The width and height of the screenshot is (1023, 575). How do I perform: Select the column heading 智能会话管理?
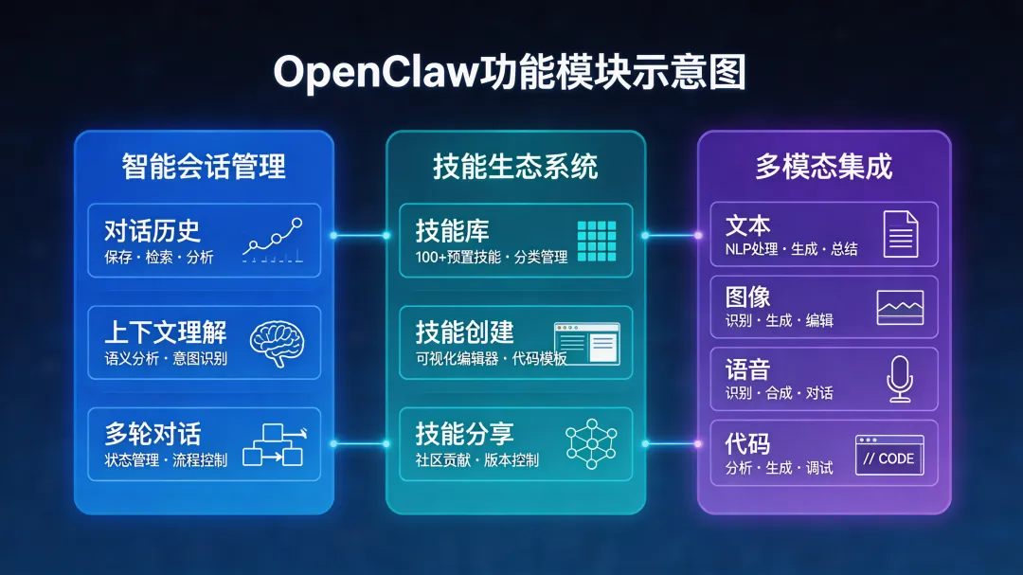coord(204,168)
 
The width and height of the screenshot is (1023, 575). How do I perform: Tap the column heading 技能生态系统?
coord(515,168)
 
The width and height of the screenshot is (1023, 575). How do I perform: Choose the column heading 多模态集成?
coord(823,168)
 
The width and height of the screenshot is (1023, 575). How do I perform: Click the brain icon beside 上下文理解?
coord(278,344)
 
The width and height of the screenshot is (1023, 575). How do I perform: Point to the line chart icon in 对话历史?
coord(273,241)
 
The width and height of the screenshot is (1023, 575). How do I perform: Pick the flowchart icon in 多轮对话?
coord(273,444)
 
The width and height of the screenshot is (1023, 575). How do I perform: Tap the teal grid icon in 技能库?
coord(596,241)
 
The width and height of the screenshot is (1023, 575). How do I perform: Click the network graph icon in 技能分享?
coord(590,444)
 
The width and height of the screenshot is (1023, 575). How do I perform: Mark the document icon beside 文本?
coord(900,234)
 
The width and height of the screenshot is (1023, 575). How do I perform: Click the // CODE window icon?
coord(888,456)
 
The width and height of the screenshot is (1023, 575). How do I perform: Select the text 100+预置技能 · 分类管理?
coord(491,258)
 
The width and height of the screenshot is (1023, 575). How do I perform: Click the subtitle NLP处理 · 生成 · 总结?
coord(791,249)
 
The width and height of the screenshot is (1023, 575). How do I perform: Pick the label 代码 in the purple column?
coord(747,443)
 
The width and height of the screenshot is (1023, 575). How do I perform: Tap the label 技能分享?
coord(464,435)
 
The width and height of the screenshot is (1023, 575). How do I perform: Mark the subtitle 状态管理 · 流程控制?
coord(166,461)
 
